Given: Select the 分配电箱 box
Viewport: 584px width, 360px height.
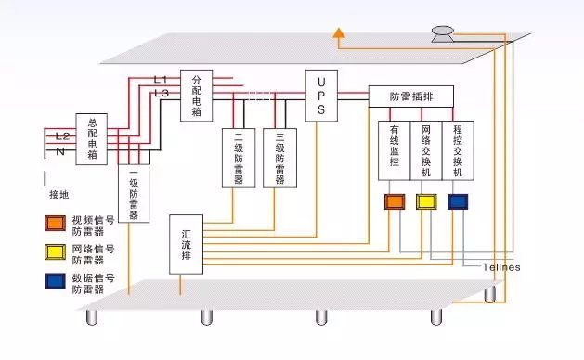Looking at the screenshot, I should (x=196, y=96).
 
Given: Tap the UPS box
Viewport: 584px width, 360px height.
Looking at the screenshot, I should (x=320, y=96).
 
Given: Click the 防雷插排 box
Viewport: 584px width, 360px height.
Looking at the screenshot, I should (x=411, y=96).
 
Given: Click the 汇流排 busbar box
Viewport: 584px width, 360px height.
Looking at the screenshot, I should (x=186, y=244).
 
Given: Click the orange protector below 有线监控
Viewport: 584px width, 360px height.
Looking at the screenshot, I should (x=395, y=201).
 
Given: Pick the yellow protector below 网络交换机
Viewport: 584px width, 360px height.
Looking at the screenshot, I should (x=426, y=201).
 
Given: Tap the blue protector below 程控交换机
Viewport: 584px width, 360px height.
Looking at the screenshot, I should (x=458, y=201).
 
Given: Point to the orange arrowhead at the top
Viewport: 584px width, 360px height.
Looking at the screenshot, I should (x=341, y=34).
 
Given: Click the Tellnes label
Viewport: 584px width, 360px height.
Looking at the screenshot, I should (x=500, y=267).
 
